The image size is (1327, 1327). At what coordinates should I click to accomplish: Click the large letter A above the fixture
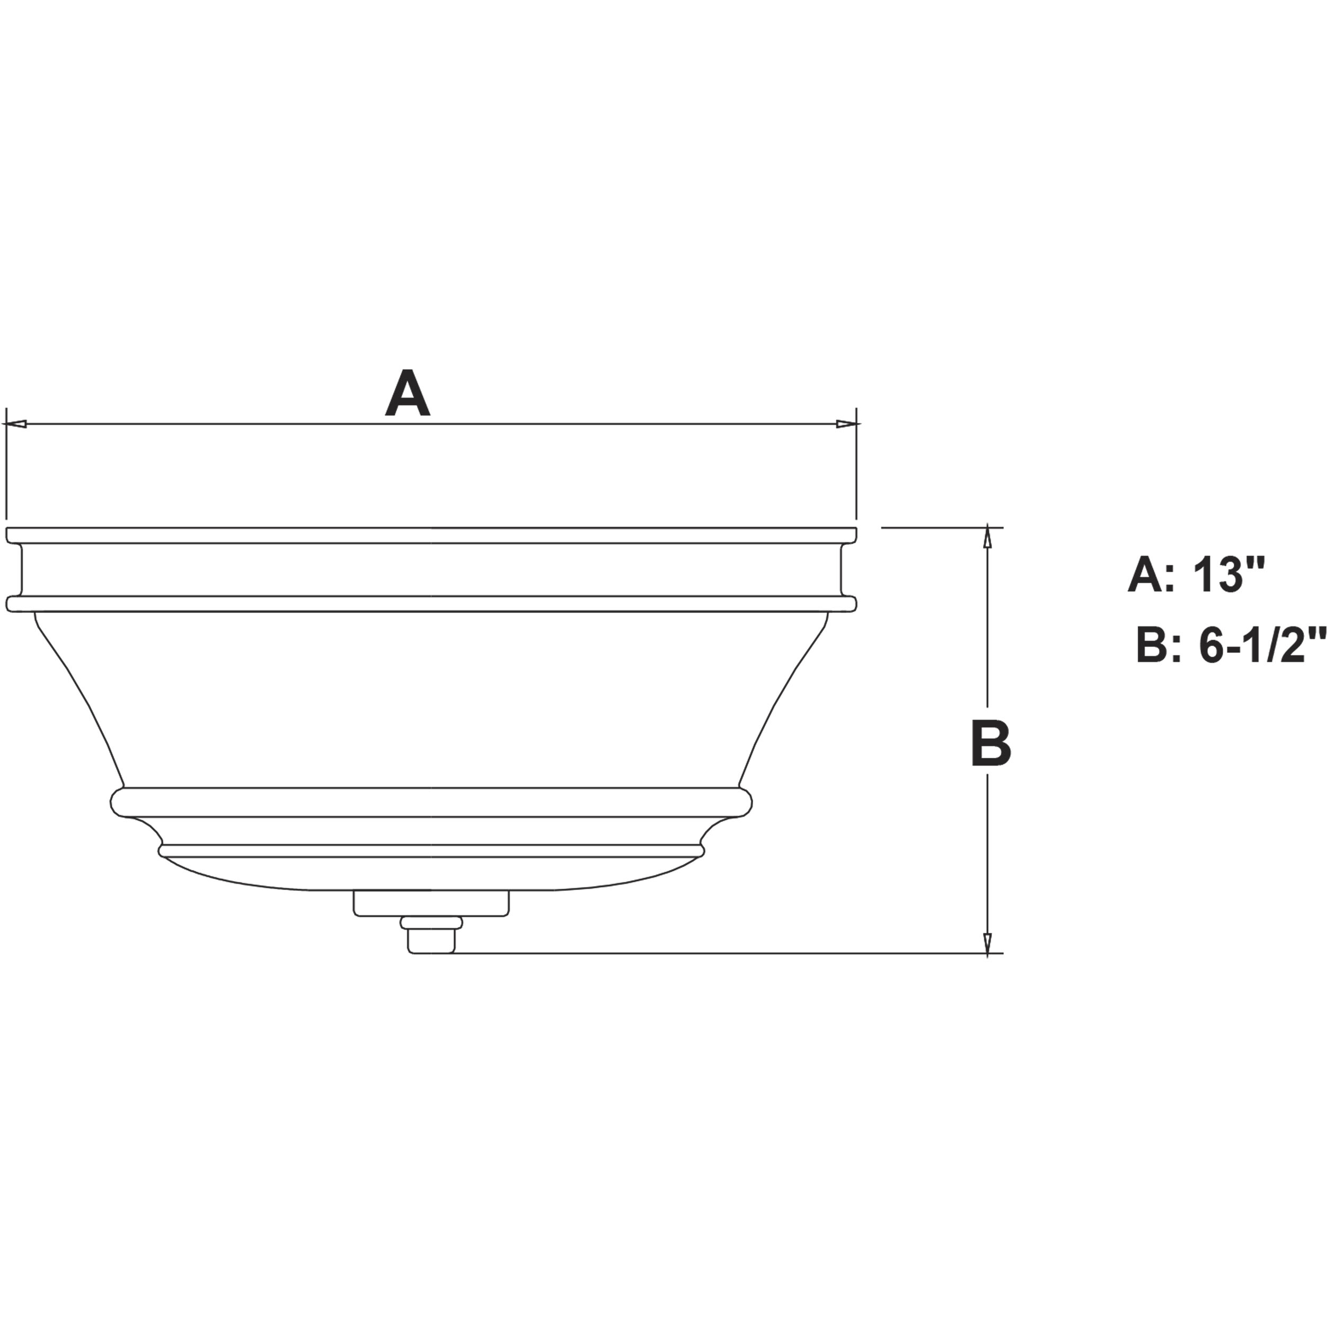(408, 394)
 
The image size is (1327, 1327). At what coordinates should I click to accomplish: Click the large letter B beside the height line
(990, 744)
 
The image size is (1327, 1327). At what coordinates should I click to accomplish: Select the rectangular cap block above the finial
(431, 903)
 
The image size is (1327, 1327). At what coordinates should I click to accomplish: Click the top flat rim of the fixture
(431, 535)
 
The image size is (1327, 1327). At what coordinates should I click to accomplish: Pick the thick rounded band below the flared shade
(431, 802)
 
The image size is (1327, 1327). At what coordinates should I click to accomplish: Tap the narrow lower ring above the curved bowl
(431, 851)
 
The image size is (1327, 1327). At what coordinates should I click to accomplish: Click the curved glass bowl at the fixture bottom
(431, 874)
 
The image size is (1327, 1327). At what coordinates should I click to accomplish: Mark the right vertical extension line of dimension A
(856, 474)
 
